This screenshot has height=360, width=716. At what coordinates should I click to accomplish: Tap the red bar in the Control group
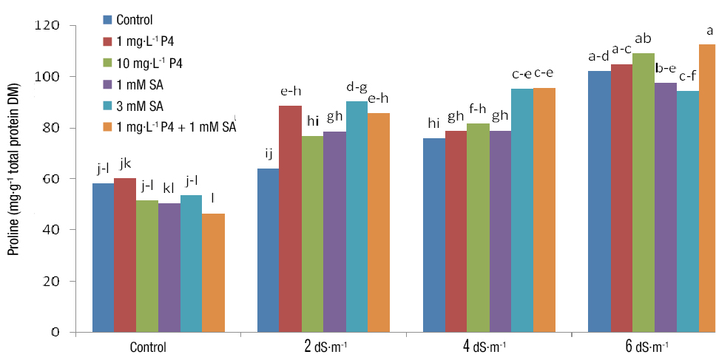point(124,254)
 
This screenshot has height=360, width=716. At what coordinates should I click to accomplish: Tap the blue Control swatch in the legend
point(108,20)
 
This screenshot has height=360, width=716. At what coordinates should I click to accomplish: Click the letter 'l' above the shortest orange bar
point(213,199)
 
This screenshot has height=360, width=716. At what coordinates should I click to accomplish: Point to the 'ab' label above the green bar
point(643,38)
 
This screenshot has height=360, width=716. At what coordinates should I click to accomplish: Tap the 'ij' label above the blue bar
point(268,154)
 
